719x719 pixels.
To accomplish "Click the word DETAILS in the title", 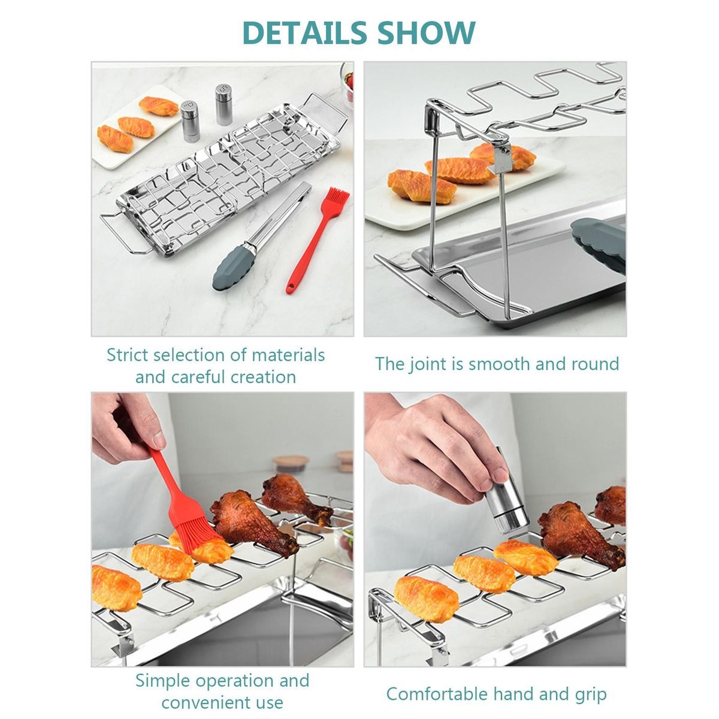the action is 304,33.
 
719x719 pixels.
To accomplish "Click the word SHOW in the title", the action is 426,33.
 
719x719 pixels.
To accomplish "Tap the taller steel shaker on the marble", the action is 224,104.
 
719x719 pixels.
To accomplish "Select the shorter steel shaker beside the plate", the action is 191,121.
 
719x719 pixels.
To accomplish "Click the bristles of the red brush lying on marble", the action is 338,200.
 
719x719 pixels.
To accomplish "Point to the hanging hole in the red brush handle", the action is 290,288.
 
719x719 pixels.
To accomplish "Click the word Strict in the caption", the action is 128,355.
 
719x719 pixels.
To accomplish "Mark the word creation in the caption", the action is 264,377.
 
